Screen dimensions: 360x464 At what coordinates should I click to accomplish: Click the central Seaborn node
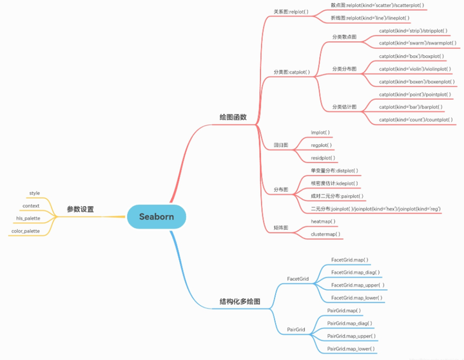pos(156,217)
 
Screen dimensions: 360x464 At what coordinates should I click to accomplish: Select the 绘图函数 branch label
pos(233,117)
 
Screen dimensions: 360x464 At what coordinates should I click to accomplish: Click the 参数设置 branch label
pos(81,209)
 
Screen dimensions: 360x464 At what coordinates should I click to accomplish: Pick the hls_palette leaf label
pos(28,218)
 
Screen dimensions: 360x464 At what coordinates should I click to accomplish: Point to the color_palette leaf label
pos(25,231)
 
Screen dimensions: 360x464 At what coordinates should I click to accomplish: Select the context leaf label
pos(31,206)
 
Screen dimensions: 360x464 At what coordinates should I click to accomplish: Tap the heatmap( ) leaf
pos(324,221)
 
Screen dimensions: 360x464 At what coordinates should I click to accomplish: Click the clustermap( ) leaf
pos(326,234)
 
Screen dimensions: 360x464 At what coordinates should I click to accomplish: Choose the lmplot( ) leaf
pos(320,133)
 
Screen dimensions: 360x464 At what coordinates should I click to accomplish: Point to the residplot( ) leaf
pos(323,157)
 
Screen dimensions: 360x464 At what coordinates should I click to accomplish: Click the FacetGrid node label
pos(298,279)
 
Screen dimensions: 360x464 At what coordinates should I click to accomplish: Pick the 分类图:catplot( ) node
pos(291,71)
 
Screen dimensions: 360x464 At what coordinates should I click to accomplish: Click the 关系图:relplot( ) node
pos(291,11)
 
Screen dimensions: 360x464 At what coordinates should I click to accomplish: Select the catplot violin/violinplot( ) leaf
pos(413,68)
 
